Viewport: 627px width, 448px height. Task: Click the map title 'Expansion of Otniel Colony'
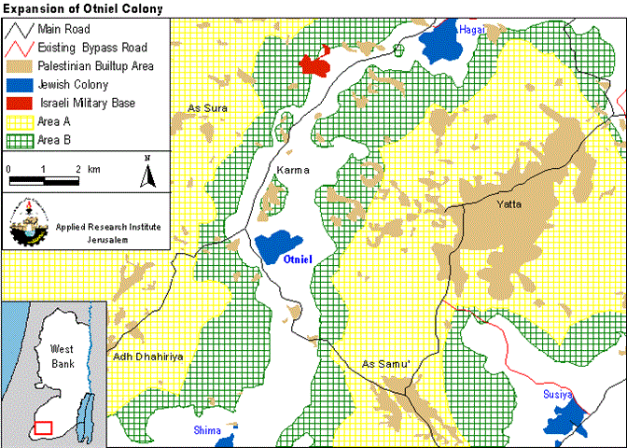[82, 8]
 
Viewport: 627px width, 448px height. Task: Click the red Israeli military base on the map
[314, 65]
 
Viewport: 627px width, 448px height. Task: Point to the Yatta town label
[509, 203]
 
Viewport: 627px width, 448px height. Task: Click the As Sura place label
[207, 107]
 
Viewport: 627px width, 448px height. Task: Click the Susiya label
[561, 395]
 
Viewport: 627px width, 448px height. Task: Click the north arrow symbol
[147, 174]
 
